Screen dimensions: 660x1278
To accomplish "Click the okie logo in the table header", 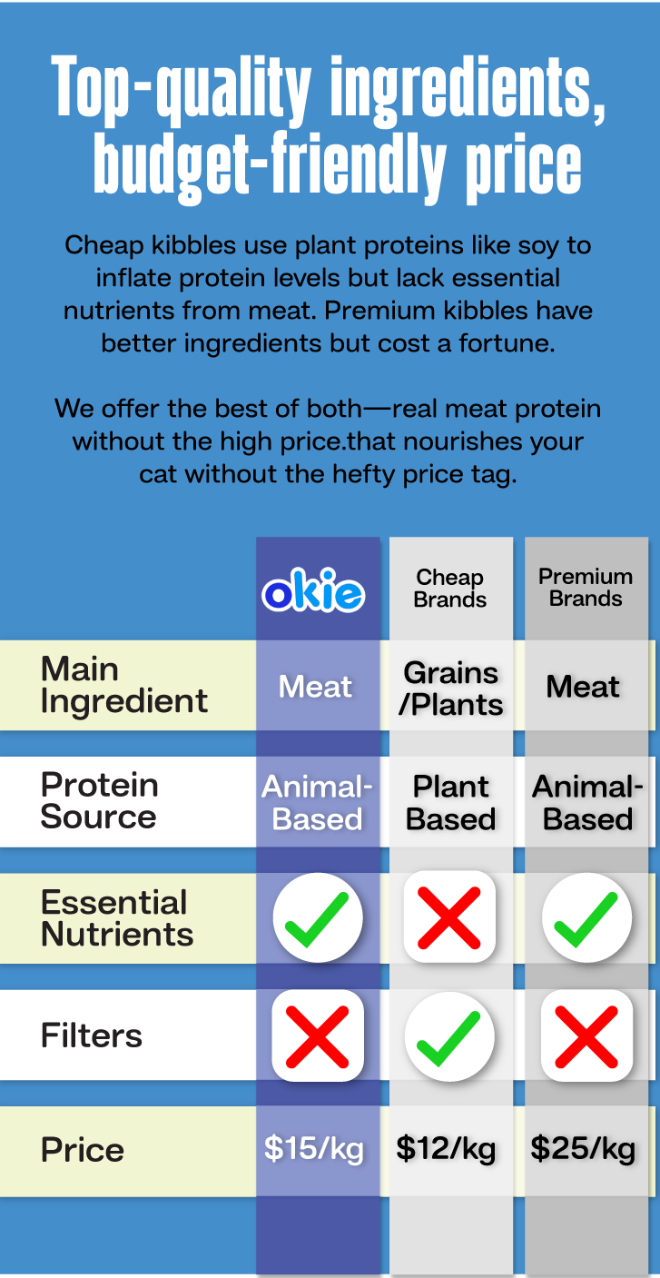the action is (x=313, y=589).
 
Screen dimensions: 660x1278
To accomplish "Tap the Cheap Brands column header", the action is (x=450, y=589).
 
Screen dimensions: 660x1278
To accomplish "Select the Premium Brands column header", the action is (x=586, y=587).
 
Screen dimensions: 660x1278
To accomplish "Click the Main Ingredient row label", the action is (x=123, y=685).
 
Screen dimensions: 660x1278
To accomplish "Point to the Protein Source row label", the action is (x=99, y=800).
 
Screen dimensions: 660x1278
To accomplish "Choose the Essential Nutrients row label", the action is (x=117, y=918).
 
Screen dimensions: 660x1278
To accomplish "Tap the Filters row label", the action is (x=92, y=1035).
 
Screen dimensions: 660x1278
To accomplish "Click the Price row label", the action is (x=82, y=1150).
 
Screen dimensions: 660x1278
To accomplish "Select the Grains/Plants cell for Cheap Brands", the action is (x=450, y=689).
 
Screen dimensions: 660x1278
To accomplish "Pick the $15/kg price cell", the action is (x=314, y=1148).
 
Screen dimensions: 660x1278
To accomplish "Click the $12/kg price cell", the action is (x=446, y=1148).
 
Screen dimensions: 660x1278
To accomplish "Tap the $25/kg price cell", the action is (x=583, y=1148).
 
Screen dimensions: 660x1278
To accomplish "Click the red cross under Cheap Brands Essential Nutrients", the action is (x=449, y=917).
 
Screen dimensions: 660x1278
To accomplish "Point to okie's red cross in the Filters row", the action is (x=317, y=1036).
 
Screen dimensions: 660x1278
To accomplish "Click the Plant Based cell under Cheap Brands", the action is (x=450, y=803).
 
